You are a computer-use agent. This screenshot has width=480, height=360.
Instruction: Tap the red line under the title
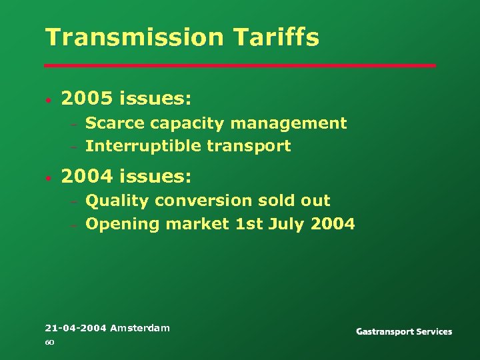click(240, 65)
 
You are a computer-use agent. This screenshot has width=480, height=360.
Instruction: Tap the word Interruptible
click(141, 147)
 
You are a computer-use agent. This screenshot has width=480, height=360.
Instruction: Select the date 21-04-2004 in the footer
click(75, 328)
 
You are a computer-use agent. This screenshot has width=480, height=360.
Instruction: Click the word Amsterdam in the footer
click(140, 328)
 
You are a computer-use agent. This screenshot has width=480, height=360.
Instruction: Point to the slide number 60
click(49, 343)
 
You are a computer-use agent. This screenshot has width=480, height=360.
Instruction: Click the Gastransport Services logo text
click(404, 331)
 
